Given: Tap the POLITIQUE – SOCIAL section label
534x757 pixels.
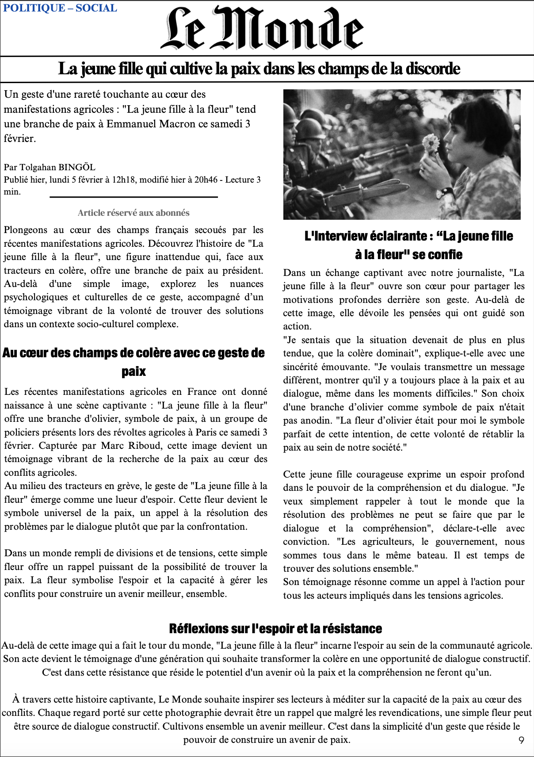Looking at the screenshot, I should click(60, 8).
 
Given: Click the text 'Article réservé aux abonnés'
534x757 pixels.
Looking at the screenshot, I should click(133, 213).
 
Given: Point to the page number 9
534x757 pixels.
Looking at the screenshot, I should click(521, 740).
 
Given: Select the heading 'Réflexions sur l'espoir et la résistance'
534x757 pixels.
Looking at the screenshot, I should click(275, 628).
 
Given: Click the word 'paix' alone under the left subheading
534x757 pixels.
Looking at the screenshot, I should click(133, 371).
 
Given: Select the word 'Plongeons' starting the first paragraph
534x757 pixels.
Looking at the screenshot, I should click(25, 230).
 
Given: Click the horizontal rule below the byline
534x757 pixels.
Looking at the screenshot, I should click(133, 197).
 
